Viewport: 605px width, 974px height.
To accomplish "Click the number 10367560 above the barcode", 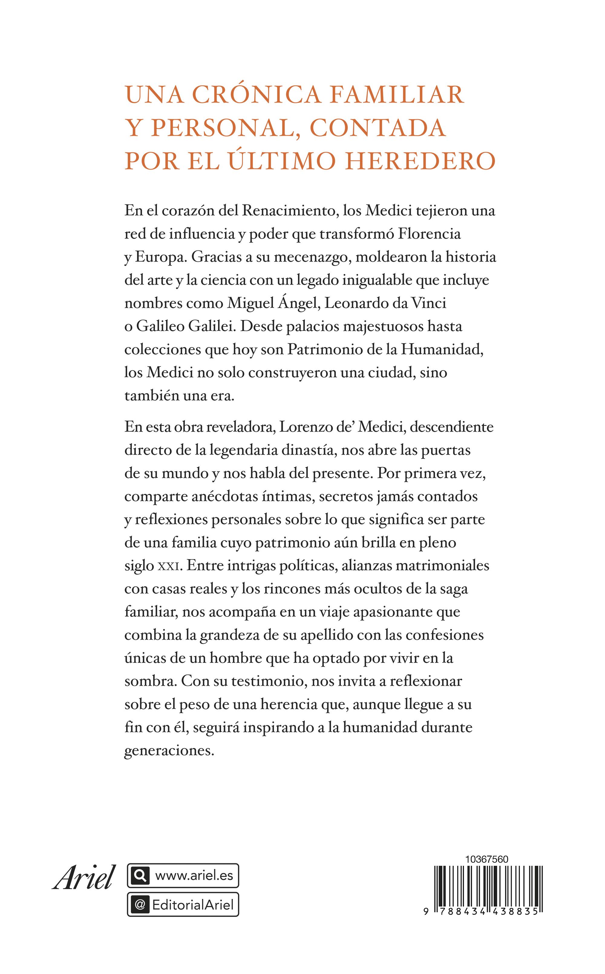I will click(486, 859).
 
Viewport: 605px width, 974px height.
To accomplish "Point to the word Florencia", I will click(429, 234).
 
